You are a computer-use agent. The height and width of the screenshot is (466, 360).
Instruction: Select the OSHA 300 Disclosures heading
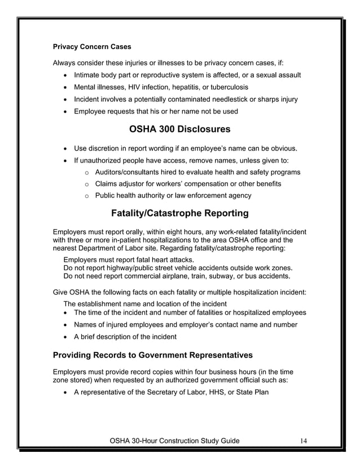tap(179, 129)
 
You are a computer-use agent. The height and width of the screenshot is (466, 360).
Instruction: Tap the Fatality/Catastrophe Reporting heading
tap(179, 213)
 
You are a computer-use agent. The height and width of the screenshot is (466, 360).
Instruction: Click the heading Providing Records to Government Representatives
tap(152, 355)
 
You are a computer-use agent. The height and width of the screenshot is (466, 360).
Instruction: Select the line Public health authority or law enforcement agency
tap(173, 196)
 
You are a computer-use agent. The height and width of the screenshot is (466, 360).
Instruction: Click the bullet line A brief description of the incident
tap(125, 337)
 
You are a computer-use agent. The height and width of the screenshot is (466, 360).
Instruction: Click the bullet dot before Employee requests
tap(67, 112)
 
